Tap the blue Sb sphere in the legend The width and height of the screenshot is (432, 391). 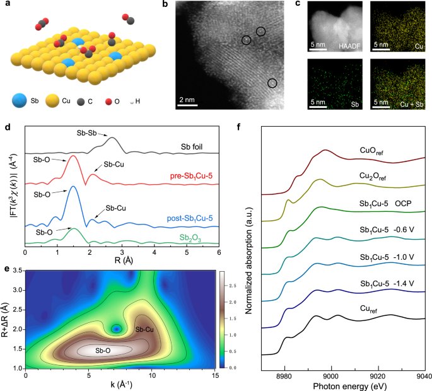(18, 100)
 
